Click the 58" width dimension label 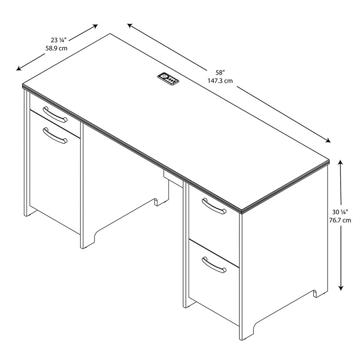[219, 72]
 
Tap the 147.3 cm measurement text [220, 81]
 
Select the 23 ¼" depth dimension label [53, 39]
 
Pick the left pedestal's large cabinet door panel [53, 175]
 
